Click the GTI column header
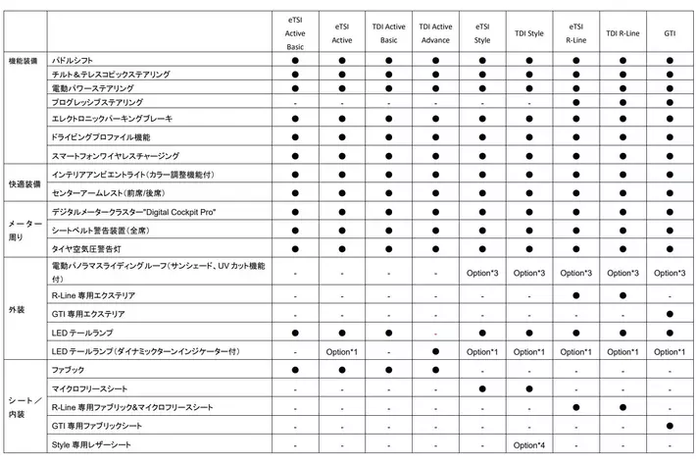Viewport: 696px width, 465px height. [x=670, y=33]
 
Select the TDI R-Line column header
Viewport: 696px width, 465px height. [x=622, y=33]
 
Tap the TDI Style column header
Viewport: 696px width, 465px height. [x=528, y=33]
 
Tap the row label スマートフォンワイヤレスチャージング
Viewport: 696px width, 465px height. [x=115, y=155]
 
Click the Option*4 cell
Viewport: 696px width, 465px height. [x=528, y=446]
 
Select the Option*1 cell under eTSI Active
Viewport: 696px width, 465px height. [x=342, y=351]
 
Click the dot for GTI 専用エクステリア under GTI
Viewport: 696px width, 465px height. [x=670, y=314]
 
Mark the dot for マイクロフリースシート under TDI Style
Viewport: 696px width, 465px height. [x=528, y=388]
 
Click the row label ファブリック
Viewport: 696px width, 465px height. [x=68, y=369]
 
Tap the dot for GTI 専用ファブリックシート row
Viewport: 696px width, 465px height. [x=670, y=426]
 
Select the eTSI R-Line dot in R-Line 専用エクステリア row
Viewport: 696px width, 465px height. [x=575, y=294]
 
